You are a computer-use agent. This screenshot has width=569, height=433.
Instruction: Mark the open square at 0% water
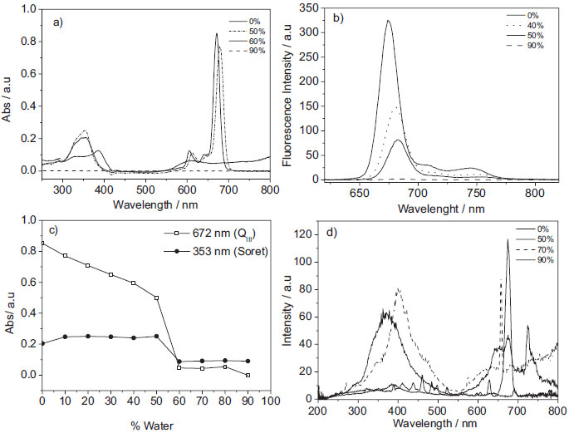[42, 243]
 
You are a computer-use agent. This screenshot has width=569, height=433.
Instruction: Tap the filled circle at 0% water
[42, 343]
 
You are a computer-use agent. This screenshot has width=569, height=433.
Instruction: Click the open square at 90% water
[248, 375]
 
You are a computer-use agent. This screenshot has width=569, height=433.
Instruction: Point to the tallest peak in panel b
[388, 22]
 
